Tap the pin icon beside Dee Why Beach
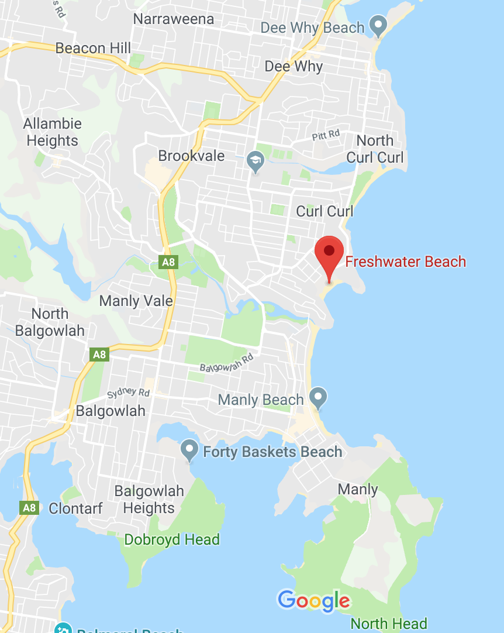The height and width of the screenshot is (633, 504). [x=379, y=26]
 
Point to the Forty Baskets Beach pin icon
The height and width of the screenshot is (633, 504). [x=189, y=449]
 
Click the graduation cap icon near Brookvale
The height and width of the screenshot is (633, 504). [x=255, y=160]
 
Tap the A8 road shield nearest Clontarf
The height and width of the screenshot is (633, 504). [x=30, y=507]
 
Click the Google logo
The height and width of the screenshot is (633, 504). [x=314, y=601]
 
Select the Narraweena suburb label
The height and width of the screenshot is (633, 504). [x=174, y=19]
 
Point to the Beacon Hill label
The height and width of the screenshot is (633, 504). [x=94, y=48]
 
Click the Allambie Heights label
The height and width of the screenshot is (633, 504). [x=53, y=132]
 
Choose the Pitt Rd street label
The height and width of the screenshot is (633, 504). [x=326, y=135]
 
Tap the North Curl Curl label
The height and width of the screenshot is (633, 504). [x=375, y=149]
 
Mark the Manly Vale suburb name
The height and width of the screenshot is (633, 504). [x=136, y=301]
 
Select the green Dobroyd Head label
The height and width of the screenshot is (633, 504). [x=172, y=539]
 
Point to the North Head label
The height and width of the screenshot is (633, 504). [x=389, y=624]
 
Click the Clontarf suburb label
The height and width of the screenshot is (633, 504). [x=75, y=508]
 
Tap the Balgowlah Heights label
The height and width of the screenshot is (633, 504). [x=149, y=500]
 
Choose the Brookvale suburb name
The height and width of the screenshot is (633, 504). [x=192, y=156]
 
